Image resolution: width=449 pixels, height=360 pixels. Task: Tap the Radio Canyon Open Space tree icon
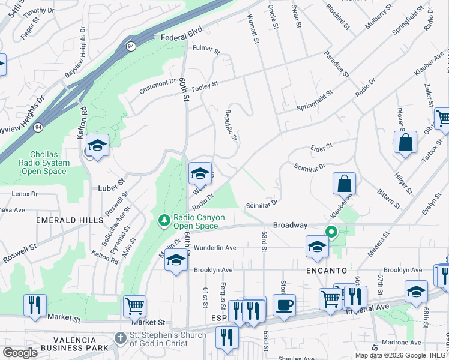point(164,221)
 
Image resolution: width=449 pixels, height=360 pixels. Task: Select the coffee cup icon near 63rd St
point(284,304)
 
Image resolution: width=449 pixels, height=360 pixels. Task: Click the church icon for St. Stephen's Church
point(121,338)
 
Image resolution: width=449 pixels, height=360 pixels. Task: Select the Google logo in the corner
point(20,353)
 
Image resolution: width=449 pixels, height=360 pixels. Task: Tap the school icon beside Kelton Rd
point(97,145)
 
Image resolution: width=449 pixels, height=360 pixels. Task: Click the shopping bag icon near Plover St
point(405,142)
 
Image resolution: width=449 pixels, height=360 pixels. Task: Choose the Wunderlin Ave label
point(214,247)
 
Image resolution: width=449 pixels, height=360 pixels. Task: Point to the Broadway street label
point(290,225)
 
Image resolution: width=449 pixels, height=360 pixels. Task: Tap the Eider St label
point(321,146)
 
